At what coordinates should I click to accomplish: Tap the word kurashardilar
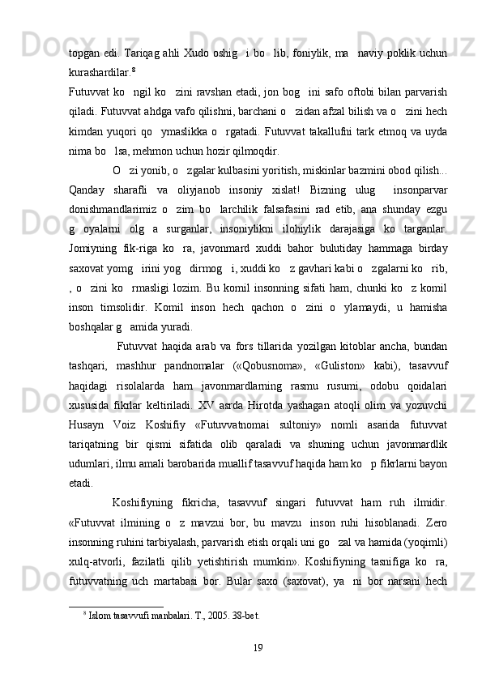click(x=100, y=61)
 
